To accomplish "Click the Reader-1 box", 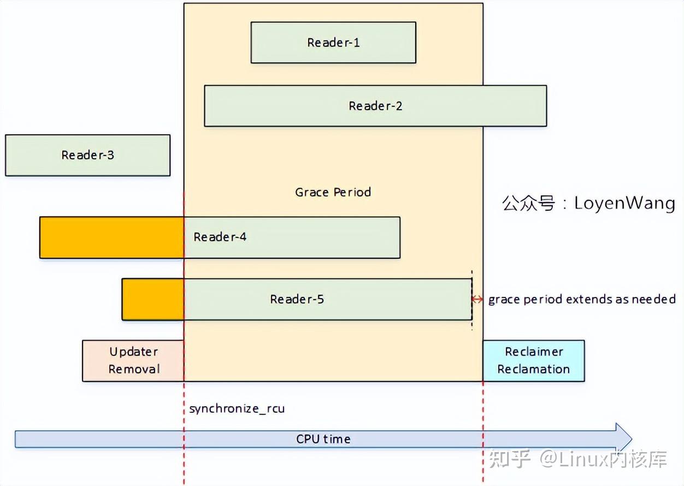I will [x=333, y=43].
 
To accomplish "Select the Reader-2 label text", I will [x=375, y=106].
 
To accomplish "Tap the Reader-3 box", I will [x=87, y=155].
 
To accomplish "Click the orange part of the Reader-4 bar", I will [x=111, y=238].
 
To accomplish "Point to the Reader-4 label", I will [x=220, y=237].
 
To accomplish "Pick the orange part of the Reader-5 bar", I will [x=152, y=299].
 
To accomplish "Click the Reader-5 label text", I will [x=297, y=299].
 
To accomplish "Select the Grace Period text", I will [x=333, y=192].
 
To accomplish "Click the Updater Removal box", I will [x=133, y=360].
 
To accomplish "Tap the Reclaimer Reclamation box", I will [x=533, y=360].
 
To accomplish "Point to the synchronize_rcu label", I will [x=237, y=408].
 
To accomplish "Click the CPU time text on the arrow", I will [x=323, y=439].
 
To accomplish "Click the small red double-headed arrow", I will [x=477, y=299].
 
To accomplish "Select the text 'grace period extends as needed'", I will [x=582, y=299].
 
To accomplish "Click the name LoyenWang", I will [x=624, y=204].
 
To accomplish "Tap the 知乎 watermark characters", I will [x=510, y=459].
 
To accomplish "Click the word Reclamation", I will [x=533, y=369].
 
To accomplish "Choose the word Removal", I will [x=134, y=369].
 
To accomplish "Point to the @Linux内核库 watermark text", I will [x=604, y=459].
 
